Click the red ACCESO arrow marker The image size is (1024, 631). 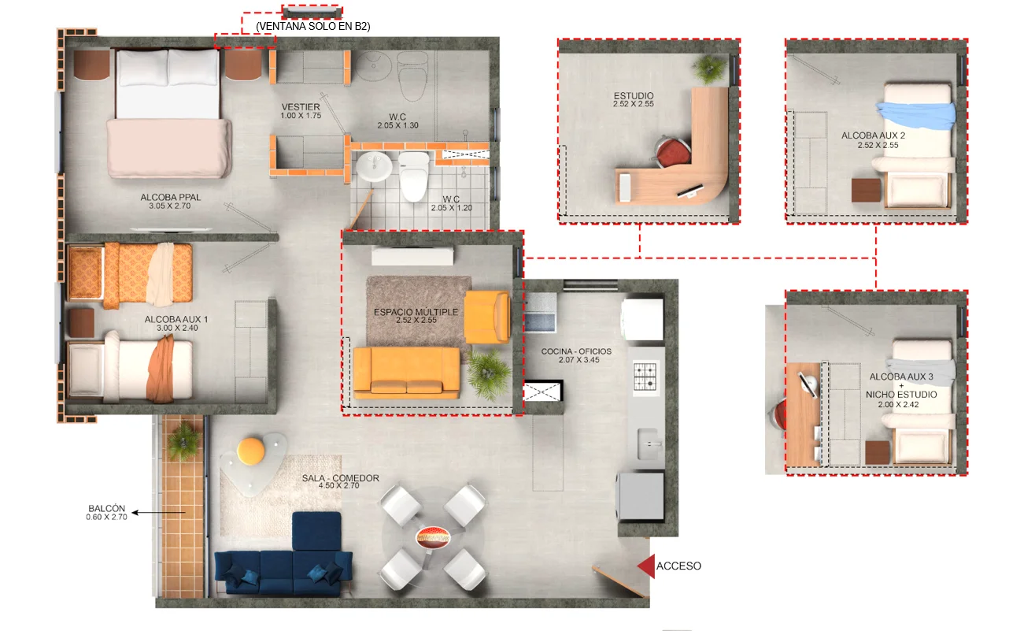click(646, 566)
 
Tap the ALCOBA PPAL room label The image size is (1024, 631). click(171, 197)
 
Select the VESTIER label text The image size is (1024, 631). click(301, 106)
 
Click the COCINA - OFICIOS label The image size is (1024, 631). click(576, 351)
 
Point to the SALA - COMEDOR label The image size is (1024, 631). click(341, 477)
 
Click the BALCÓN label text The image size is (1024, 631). click(106, 508)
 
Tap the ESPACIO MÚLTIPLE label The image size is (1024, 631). click(416, 312)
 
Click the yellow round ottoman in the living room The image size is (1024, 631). click(251, 451)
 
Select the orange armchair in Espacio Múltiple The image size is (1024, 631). click(487, 317)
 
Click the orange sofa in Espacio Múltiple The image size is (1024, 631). click(406, 373)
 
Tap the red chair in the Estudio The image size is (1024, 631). click(672, 151)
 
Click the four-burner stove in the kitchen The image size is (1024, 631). click(645, 376)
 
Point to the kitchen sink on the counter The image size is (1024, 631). click(649, 444)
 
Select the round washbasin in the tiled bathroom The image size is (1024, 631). click(374, 166)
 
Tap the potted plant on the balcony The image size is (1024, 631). click(183, 440)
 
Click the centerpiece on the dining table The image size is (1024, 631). click(433, 537)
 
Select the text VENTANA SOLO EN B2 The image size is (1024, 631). click(313, 27)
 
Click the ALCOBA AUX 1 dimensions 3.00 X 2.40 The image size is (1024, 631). click(177, 328)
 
